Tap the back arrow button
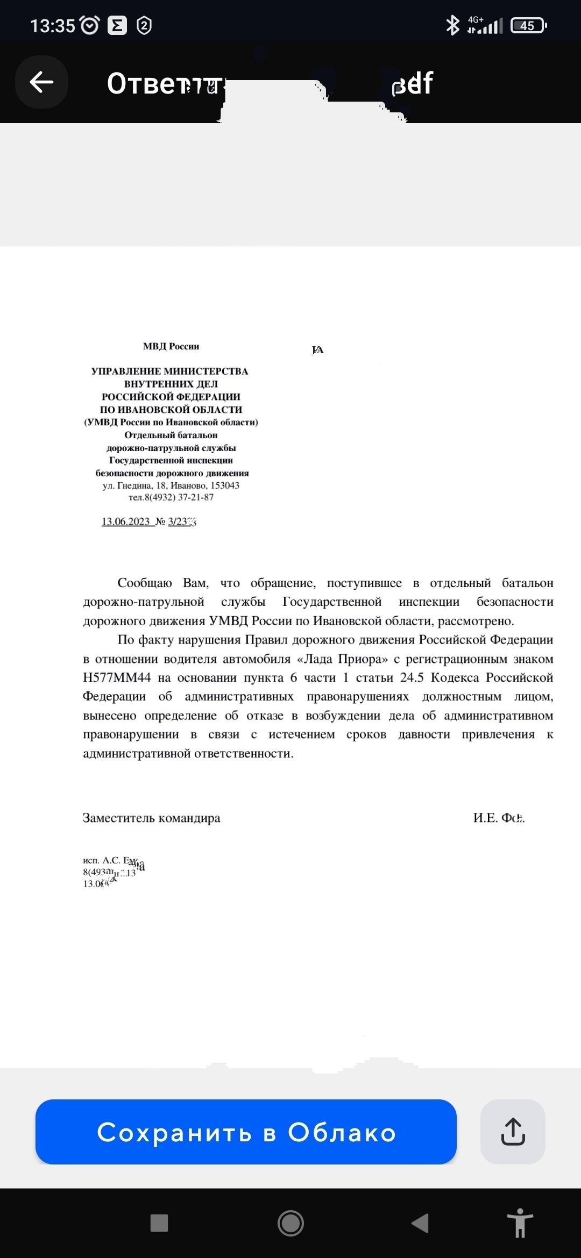tap(41, 82)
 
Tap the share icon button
tap(512, 1132)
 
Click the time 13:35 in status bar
tap(52, 26)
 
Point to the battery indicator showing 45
tap(528, 26)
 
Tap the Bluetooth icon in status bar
tap(452, 25)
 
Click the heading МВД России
tap(171, 347)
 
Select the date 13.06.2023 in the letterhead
tap(126, 521)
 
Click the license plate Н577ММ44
tap(117, 678)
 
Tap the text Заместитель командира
tap(151, 818)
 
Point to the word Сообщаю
tap(145, 583)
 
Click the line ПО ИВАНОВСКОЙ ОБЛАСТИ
tap(171, 410)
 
